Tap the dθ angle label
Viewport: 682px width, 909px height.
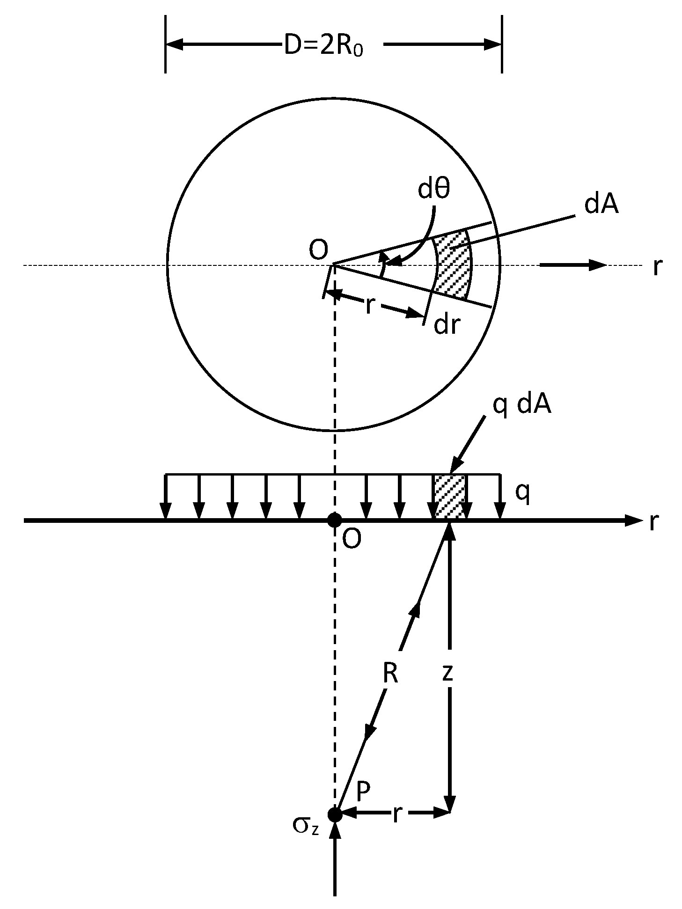pyautogui.click(x=433, y=190)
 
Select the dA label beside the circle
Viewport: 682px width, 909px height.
pyautogui.click(x=601, y=205)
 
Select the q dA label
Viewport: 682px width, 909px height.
pyautogui.click(x=521, y=406)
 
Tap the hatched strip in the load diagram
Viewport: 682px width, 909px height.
pyautogui.click(x=450, y=496)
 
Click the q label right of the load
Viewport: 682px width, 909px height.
pyautogui.click(x=522, y=492)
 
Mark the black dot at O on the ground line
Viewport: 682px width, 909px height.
pyautogui.click(x=334, y=520)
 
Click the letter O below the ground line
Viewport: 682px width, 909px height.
pyautogui.click(x=352, y=539)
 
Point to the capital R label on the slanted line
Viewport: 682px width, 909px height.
pyautogui.click(x=390, y=673)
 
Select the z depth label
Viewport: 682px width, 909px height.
pyautogui.click(x=447, y=672)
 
